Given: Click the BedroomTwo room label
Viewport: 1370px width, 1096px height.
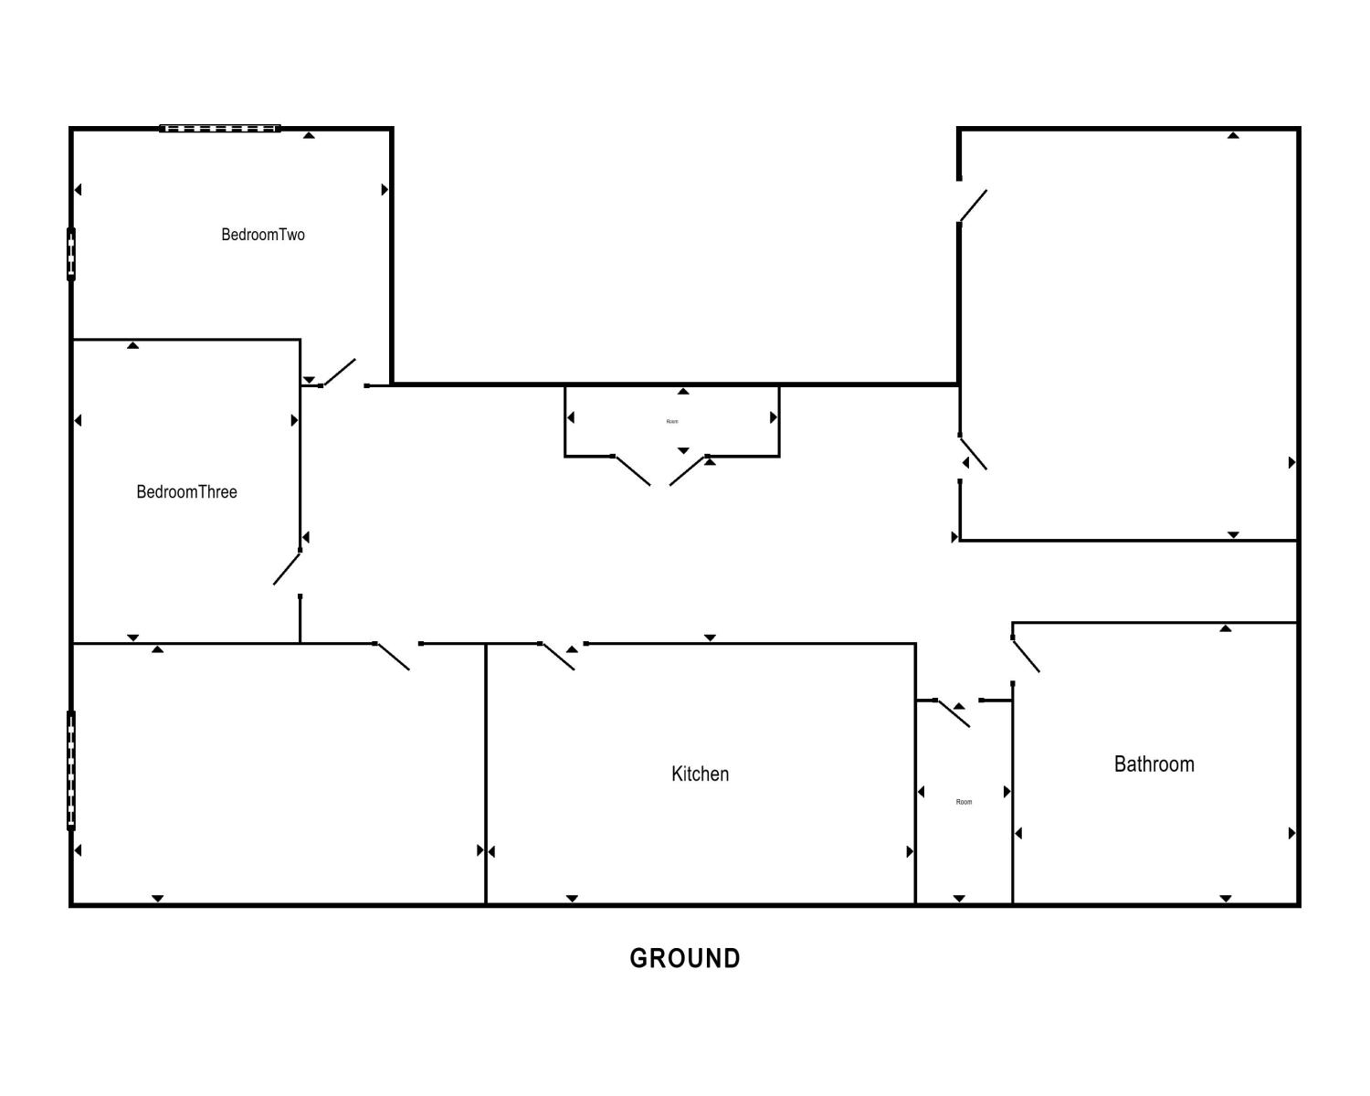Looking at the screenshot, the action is click(x=263, y=235).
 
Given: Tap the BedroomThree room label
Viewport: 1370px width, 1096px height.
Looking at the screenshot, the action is click(x=186, y=491).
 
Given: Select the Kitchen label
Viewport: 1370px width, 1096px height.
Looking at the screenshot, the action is click(x=700, y=774).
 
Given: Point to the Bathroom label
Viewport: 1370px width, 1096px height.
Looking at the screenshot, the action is click(x=1154, y=764).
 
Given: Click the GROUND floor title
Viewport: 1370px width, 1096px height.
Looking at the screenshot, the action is click(x=685, y=958).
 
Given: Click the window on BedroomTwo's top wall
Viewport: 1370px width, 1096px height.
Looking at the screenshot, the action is click(x=219, y=129).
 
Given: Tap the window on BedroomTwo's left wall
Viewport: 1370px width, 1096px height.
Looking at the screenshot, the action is click(x=71, y=254).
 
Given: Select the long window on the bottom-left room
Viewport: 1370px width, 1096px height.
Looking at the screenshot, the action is click(x=71, y=771).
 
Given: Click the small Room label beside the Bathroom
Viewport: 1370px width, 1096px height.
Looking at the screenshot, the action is click(x=964, y=802).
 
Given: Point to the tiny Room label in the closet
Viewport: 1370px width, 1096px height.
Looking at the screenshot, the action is click(x=672, y=421).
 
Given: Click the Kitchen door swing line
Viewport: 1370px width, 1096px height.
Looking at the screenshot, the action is click(x=558, y=657).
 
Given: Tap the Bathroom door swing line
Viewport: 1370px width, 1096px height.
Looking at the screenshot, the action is click(x=1026, y=655).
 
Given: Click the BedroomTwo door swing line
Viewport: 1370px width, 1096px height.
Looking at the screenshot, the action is click(x=340, y=373).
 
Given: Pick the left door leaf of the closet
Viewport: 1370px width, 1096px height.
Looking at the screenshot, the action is click(x=632, y=470).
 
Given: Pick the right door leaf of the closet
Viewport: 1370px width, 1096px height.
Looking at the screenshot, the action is click(x=688, y=470).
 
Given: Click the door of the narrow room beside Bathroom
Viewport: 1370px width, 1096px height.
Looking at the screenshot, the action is click(x=953, y=714).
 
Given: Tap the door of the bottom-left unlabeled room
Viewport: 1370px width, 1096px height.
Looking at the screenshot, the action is click(x=393, y=657).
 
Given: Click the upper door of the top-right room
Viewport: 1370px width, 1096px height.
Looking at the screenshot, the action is click(x=973, y=205).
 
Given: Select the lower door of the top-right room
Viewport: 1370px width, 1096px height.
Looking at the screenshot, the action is click(x=974, y=453).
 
